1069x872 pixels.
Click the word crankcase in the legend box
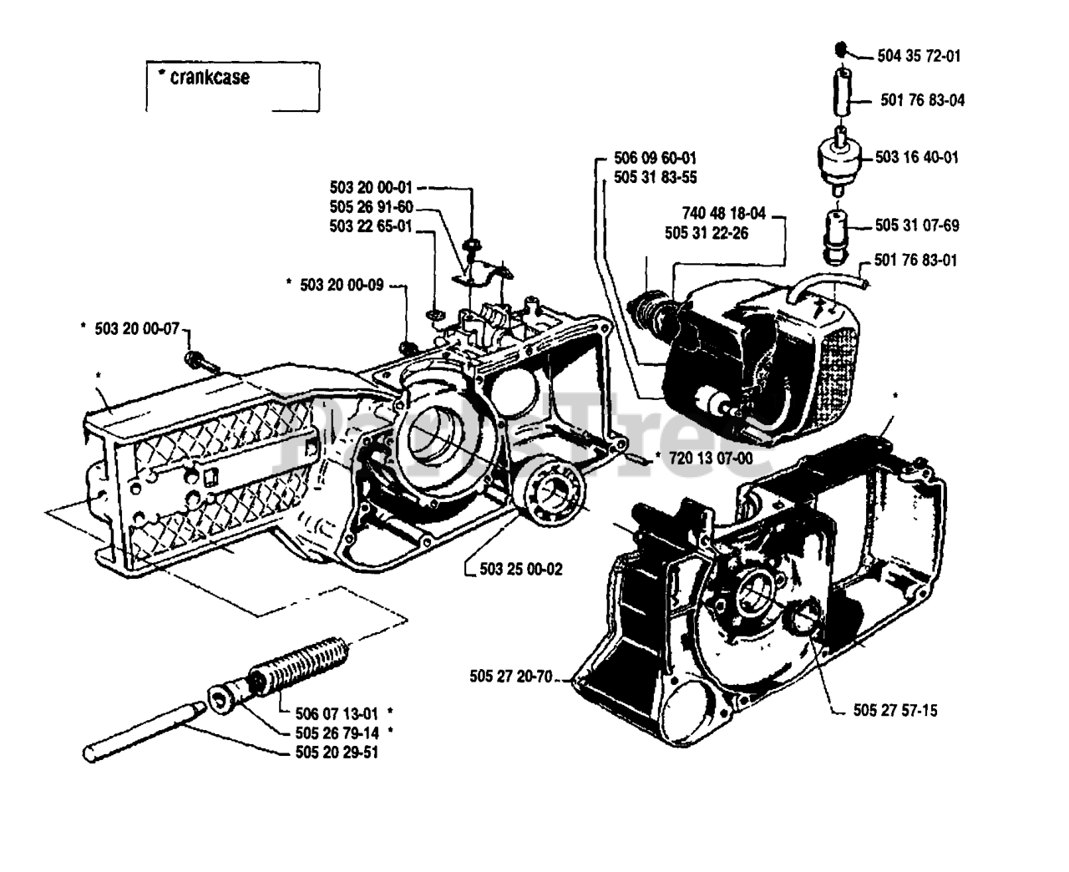click(209, 78)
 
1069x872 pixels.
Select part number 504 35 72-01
click(919, 57)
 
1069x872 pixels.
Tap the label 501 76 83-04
click(922, 100)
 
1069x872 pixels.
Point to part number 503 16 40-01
click(917, 157)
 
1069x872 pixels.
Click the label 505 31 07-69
click(917, 226)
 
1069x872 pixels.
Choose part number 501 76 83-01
click(917, 260)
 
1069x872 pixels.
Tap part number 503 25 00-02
click(521, 569)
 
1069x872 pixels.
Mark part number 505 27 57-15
click(895, 711)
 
